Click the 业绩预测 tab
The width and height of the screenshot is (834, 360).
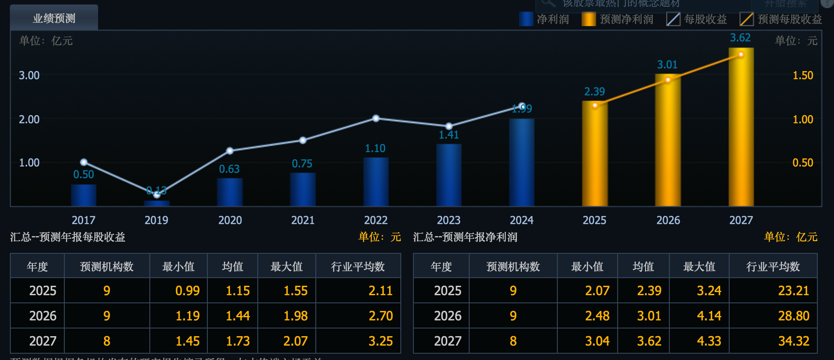point(54,18)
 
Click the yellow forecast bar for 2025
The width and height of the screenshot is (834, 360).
point(595,155)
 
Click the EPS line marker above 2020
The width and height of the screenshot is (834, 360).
point(230,151)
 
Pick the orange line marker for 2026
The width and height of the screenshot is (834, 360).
point(668,80)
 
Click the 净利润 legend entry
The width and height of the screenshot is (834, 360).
point(544,19)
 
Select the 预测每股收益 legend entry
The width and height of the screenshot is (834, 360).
point(781,19)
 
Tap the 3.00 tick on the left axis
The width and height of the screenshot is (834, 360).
point(29,76)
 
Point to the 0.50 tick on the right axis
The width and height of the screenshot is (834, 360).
point(803,163)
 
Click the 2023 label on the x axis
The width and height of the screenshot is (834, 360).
point(448,220)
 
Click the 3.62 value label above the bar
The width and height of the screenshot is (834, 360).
point(740,38)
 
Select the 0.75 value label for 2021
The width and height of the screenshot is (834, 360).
point(302,164)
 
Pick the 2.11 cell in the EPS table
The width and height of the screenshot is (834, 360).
point(380,291)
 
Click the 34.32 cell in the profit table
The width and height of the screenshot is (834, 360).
point(794,341)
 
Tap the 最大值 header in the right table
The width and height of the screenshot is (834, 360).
point(699,267)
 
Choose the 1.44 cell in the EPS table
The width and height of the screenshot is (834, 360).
point(238,316)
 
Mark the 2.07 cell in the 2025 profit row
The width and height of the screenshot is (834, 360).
point(597,291)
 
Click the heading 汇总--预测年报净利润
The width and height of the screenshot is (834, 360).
point(465,237)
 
